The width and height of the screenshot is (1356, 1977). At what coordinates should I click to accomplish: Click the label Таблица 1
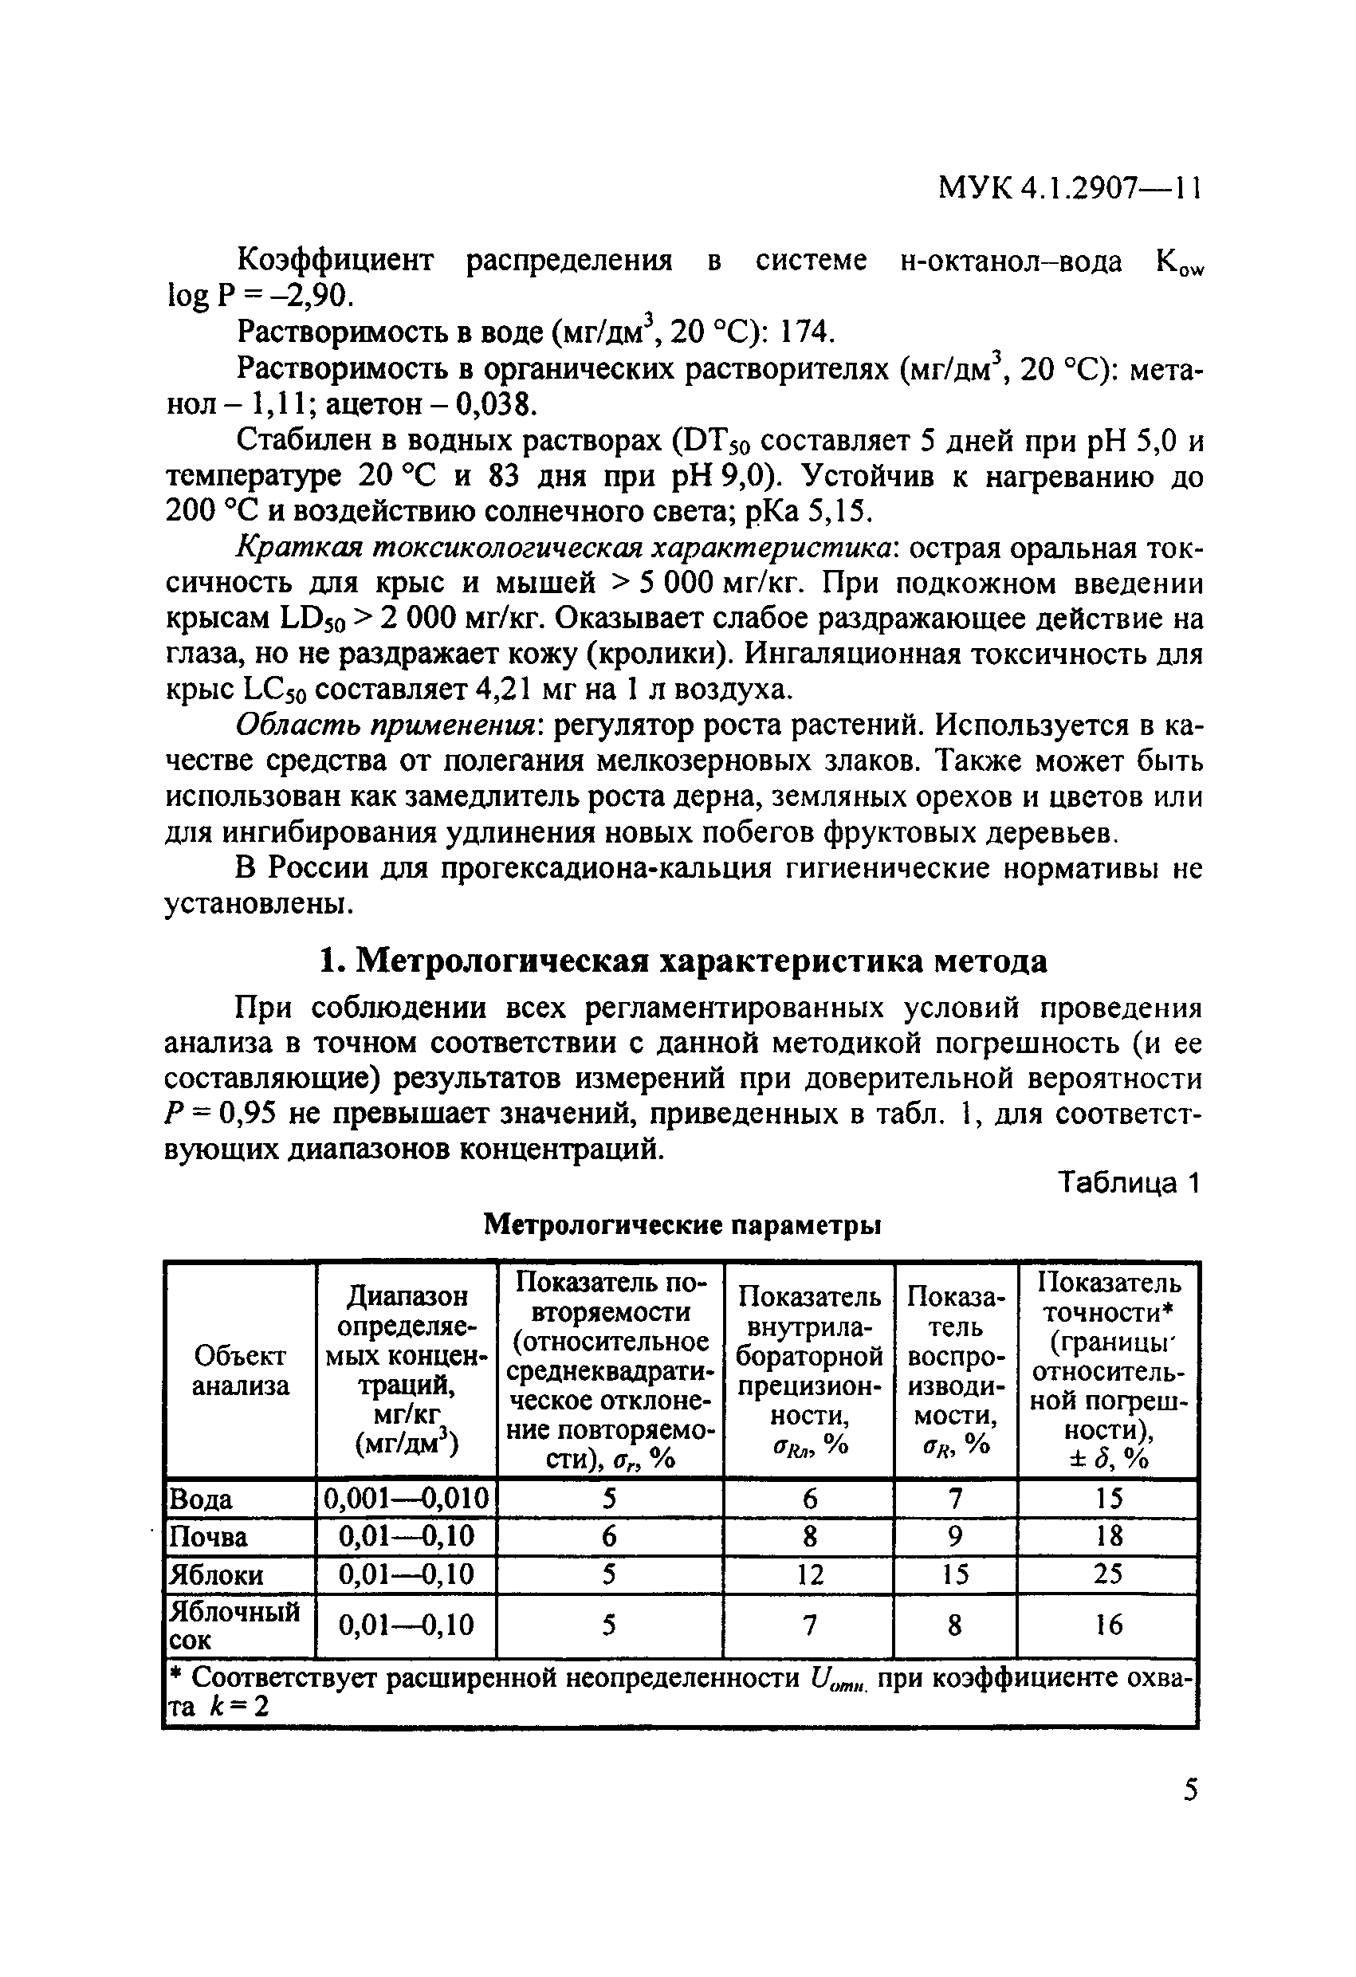[1128, 1182]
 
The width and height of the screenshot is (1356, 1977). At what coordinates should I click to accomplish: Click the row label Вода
[201, 1498]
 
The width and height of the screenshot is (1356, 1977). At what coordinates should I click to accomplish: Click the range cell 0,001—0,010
[407, 1498]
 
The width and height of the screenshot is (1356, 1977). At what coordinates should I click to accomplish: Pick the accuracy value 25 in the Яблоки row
[1107, 1574]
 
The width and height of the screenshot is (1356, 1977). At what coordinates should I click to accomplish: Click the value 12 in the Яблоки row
[809, 1574]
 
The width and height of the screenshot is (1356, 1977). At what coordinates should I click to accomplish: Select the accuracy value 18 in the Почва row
[1107, 1536]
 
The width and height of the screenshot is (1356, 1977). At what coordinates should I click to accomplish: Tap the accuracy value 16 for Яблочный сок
[1107, 1625]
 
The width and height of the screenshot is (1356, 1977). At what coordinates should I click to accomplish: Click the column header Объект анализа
[240, 1370]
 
